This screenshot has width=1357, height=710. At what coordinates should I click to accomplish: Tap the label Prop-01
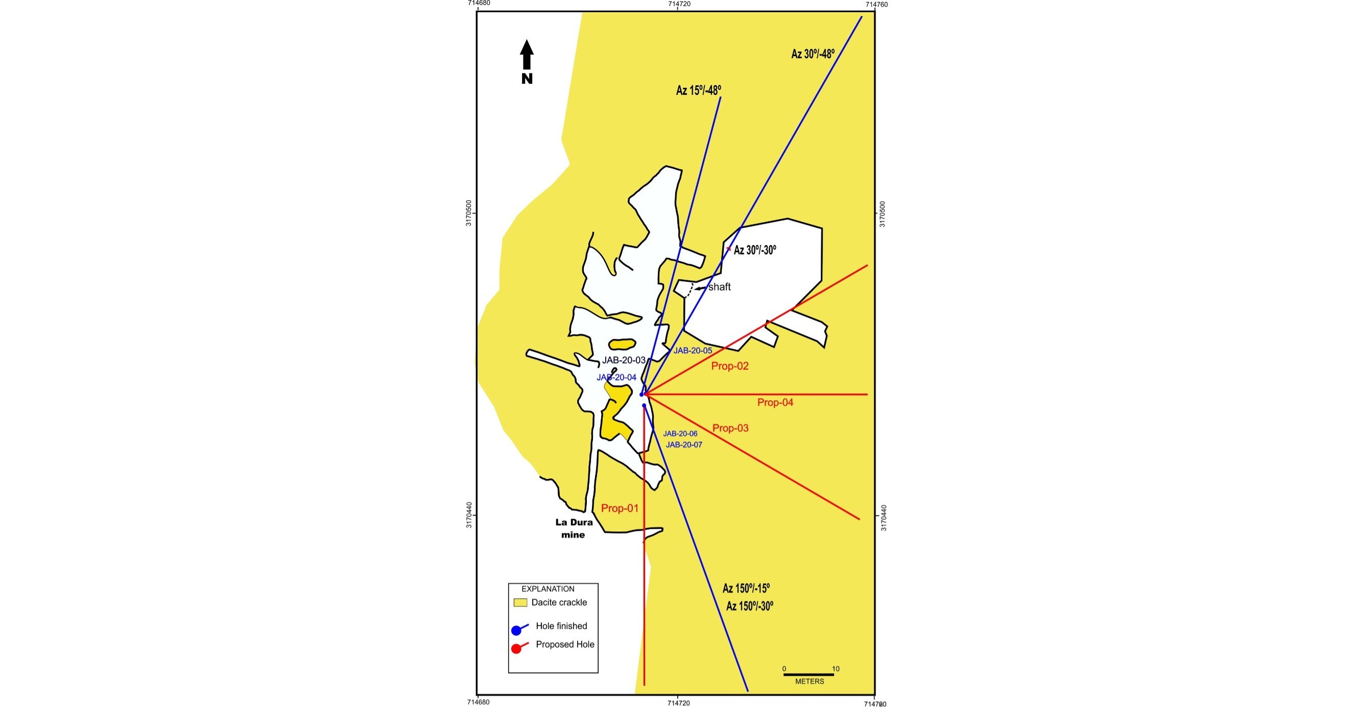click(620, 508)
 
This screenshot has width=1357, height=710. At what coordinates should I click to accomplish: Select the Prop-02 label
click(730, 366)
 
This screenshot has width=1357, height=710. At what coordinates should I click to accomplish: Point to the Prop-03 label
click(730, 428)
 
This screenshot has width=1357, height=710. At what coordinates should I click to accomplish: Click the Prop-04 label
click(775, 403)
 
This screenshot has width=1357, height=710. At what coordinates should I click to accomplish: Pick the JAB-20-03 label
click(624, 360)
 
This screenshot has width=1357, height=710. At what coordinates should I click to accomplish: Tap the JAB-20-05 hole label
click(692, 351)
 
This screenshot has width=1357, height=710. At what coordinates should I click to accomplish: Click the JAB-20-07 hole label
click(684, 445)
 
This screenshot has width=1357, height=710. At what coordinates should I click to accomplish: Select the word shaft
click(719, 287)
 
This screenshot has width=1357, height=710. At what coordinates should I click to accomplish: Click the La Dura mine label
click(574, 528)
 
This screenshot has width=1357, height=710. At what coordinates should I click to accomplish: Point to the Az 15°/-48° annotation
click(699, 90)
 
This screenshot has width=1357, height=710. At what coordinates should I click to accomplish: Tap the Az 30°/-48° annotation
click(813, 54)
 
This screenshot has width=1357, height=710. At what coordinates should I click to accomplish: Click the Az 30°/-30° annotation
click(755, 250)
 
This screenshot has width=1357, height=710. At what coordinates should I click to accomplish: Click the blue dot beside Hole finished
click(516, 630)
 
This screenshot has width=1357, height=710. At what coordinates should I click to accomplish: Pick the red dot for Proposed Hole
click(516, 649)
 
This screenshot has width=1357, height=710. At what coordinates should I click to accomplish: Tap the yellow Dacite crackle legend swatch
click(520, 603)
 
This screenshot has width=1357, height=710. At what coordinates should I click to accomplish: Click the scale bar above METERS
click(808, 674)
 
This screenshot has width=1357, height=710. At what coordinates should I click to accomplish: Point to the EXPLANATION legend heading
click(548, 589)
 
